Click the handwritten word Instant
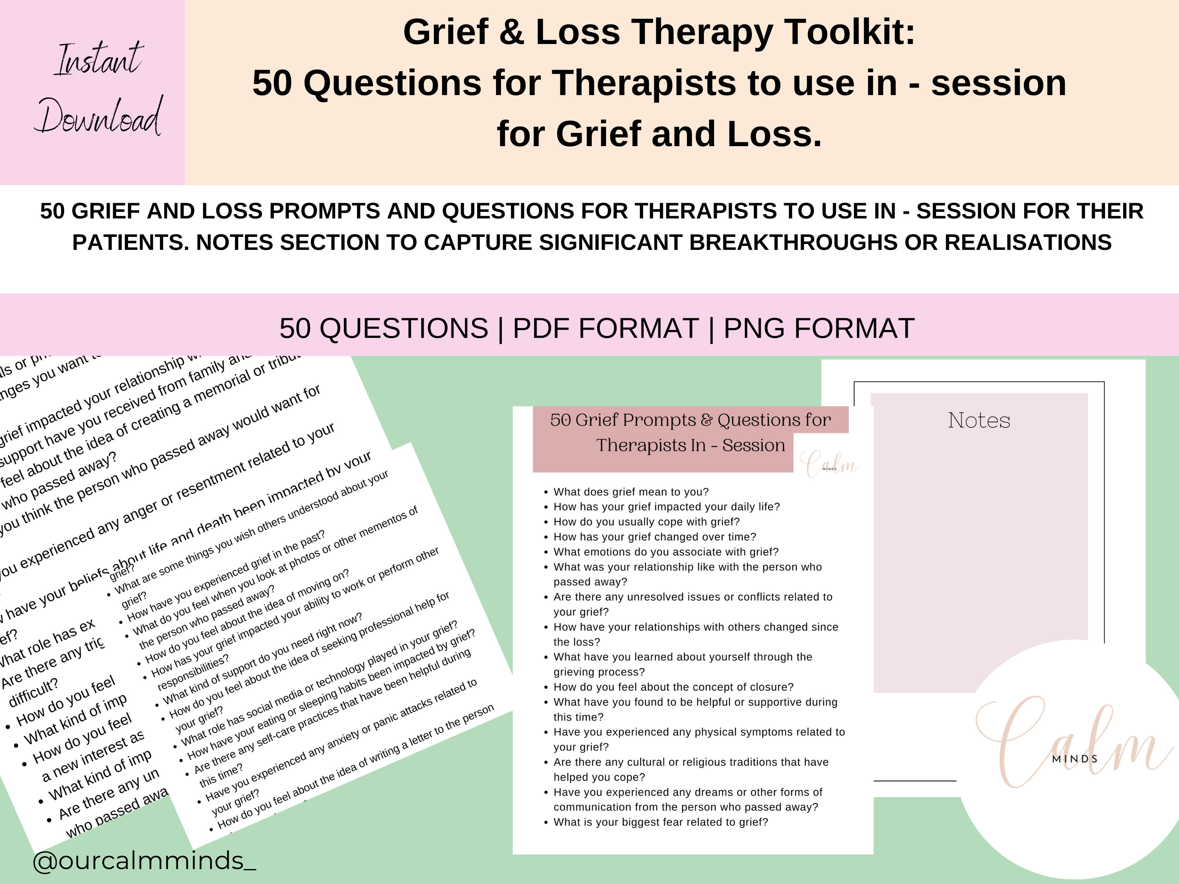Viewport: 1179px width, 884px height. [x=99, y=60]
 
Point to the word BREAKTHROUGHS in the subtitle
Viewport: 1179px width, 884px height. [x=812, y=242]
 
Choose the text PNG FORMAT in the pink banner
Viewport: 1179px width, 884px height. [x=819, y=328]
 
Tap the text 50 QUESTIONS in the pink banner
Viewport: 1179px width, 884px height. [x=384, y=328]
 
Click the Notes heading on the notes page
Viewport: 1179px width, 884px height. [x=979, y=420]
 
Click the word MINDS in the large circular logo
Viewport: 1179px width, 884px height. [x=1074, y=759]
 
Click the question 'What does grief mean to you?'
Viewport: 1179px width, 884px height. [x=631, y=492]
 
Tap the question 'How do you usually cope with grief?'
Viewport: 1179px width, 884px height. [x=646, y=522]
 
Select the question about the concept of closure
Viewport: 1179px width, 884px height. [x=673, y=687]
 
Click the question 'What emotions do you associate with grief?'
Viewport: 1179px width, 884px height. [x=666, y=552]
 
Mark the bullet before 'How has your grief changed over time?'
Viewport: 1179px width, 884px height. [x=546, y=537]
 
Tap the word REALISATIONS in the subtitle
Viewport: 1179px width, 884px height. [x=1028, y=242]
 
